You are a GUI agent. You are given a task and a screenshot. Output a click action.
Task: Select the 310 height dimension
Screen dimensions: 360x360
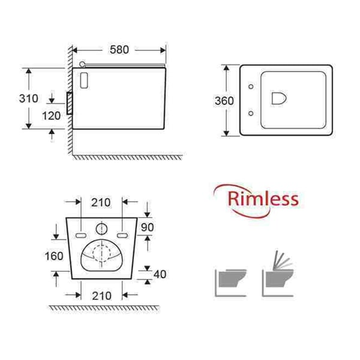29,98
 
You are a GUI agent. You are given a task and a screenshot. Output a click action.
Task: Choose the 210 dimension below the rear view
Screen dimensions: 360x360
101,295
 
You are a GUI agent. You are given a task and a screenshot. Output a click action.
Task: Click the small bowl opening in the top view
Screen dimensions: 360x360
280,100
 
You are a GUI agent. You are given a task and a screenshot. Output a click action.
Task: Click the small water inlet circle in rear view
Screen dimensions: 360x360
103,228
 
